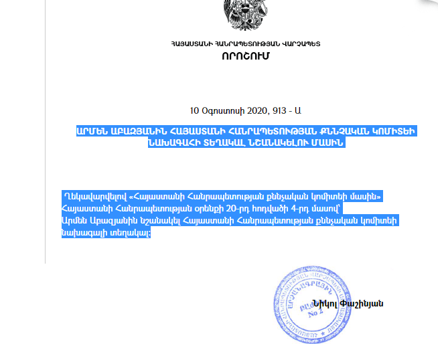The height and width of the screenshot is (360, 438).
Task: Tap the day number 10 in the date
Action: pos(195,110)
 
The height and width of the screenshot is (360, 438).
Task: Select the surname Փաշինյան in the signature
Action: pos(362,303)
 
